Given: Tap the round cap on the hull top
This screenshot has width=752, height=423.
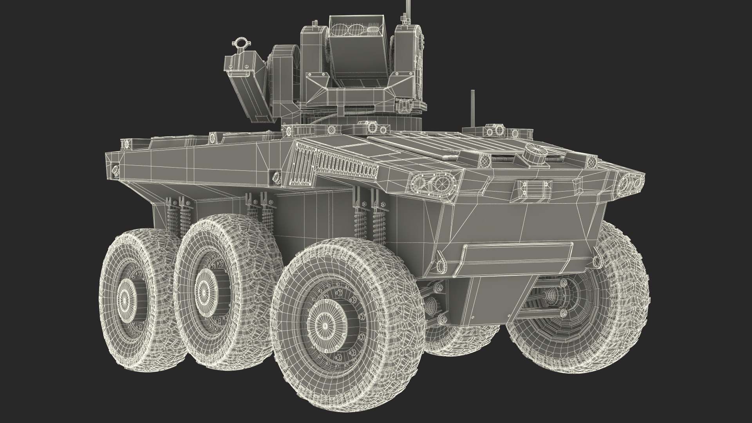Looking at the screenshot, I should (x=535, y=151).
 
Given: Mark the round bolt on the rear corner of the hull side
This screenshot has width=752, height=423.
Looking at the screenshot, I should (x=115, y=168).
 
